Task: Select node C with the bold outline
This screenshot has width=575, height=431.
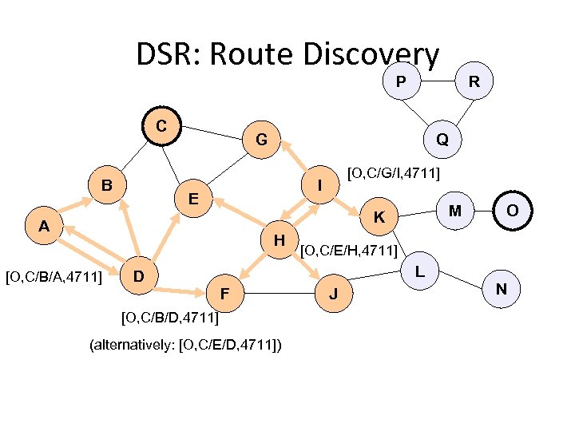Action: tap(161, 126)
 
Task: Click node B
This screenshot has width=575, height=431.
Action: tap(106, 185)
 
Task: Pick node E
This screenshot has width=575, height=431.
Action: tap(193, 197)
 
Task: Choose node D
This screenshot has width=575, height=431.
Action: tap(139, 276)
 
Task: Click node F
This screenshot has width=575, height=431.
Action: tap(226, 295)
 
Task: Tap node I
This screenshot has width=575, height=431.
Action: tap(319, 185)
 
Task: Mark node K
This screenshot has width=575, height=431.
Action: tap(380, 216)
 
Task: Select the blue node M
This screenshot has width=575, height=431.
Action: tap(454, 210)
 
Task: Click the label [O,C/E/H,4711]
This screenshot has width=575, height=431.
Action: tap(348, 251)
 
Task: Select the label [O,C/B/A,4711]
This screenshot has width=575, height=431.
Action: tap(54, 277)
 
